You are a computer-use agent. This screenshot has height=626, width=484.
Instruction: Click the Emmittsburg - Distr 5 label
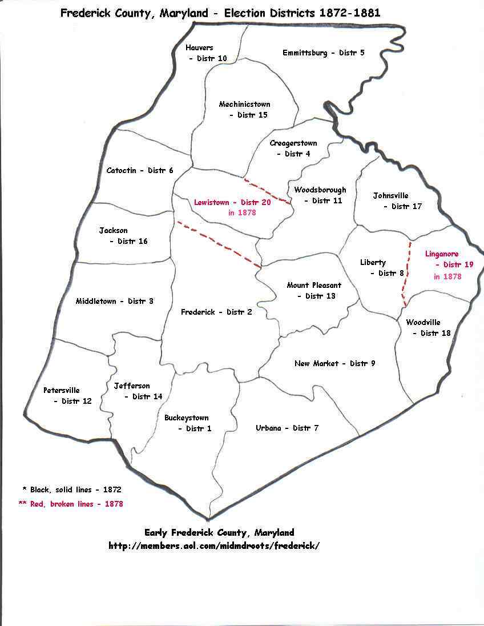[x=323, y=53]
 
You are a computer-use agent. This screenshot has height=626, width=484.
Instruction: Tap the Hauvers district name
[x=199, y=48]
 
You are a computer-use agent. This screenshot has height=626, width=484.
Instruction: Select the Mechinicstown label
[x=244, y=105]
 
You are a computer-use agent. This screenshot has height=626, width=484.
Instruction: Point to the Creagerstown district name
[x=293, y=143]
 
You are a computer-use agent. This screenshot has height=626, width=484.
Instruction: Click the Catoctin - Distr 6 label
[x=139, y=171]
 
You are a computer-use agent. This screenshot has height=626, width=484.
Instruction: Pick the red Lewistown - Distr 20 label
[x=232, y=202]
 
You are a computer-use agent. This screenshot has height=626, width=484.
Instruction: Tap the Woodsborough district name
[x=320, y=190]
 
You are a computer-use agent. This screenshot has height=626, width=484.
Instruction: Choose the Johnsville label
[x=390, y=196]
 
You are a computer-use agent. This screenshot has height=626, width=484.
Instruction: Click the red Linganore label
[x=442, y=254]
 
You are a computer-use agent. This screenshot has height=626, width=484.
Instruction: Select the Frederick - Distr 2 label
[x=216, y=312]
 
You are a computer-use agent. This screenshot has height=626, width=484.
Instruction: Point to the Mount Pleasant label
[x=314, y=286]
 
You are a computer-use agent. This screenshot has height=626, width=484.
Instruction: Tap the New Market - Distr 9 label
[x=334, y=364]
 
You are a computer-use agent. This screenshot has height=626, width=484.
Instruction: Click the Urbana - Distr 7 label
[x=287, y=428]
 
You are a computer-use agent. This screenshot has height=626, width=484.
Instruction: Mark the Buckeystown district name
[x=187, y=418]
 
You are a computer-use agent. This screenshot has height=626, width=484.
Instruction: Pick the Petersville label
[x=62, y=391]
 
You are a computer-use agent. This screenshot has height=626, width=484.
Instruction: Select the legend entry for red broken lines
[x=71, y=504]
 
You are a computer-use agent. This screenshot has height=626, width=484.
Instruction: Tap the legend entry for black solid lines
[x=71, y=490]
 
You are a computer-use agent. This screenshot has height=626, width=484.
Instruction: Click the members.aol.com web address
[x=214, y=545]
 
